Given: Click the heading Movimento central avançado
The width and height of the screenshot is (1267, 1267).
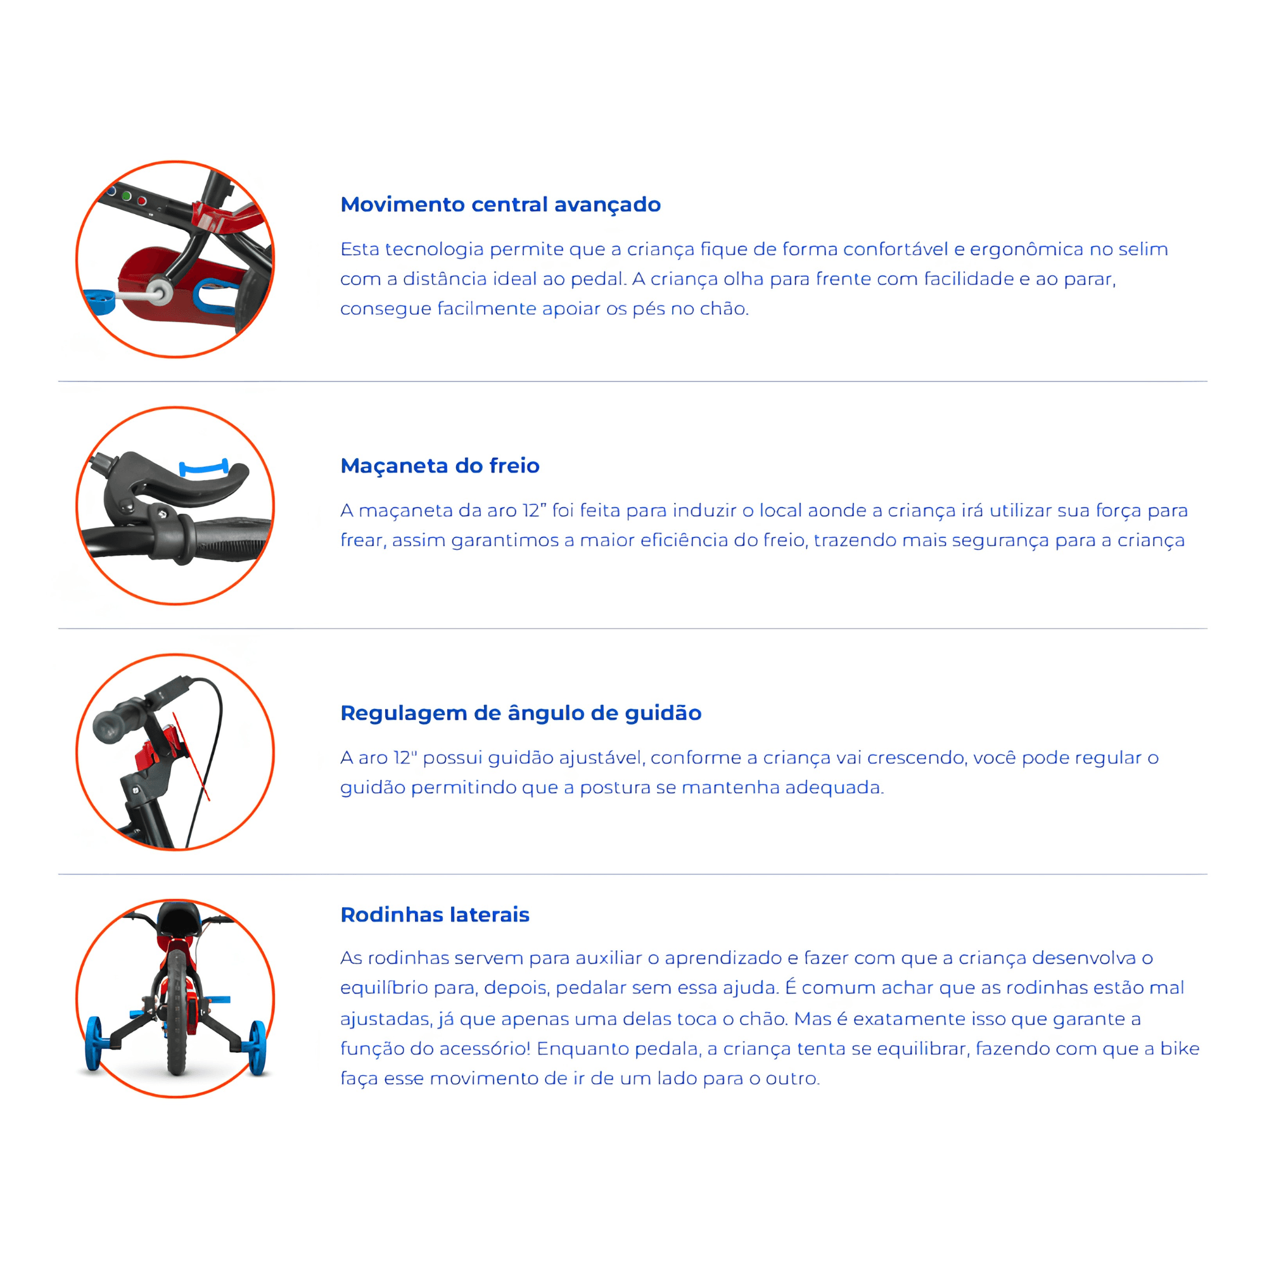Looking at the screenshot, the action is coord(500,205).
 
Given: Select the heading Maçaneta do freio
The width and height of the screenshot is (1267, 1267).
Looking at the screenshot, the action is coord(440,466).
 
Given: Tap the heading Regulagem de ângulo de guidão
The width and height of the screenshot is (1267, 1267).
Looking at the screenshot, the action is coord(521,713).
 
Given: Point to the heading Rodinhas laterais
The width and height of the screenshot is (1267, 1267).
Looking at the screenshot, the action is coord(435,914).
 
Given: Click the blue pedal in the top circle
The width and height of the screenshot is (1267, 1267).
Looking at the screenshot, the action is coord(99,302).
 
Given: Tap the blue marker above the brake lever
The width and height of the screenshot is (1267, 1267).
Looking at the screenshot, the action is coord(204,468).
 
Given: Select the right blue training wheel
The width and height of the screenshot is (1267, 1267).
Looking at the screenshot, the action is coord(258,1048).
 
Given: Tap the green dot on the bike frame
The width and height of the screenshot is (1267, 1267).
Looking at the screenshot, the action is coord(127,196).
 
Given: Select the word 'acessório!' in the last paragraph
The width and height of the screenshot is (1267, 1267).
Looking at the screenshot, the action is coord(485,1048).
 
